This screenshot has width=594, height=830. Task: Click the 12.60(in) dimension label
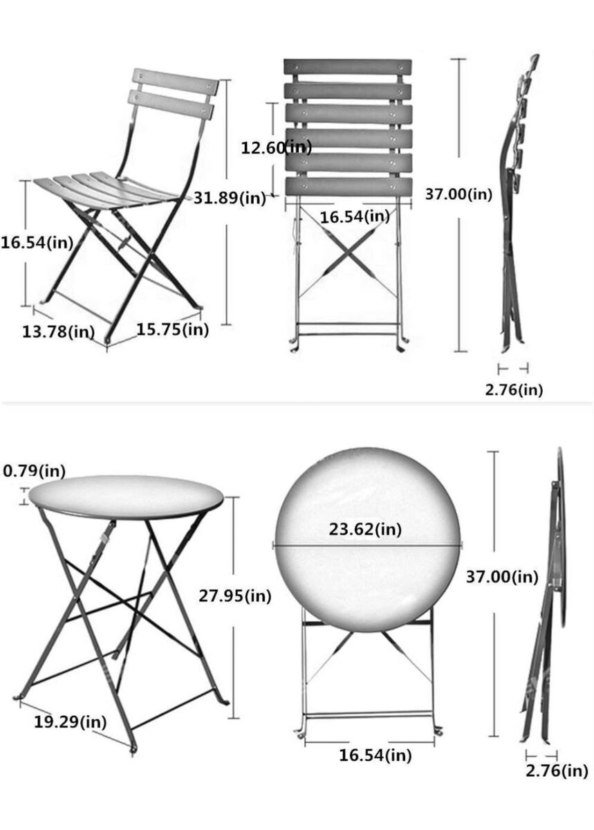[x=276, y=148]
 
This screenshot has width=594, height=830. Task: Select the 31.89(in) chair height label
[x=230, y=199]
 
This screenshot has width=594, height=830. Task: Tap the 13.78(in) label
[x=58, y=331]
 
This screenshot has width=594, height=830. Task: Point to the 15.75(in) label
[x=173, y=329]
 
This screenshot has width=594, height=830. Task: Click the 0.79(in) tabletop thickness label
[x=34, y=470]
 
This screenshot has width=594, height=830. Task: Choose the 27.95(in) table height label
[x=235, y=596]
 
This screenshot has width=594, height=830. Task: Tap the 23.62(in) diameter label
[x=365, y=529]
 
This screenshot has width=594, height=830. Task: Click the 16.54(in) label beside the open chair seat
[x=37, y=243]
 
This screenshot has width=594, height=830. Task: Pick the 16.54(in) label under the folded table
[x=375, y=755]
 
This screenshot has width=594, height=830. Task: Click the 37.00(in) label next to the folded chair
[x=458, y=194]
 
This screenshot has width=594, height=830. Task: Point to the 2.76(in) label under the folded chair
[x=514, y=389]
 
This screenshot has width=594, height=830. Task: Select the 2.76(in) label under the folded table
[x=557, y=771]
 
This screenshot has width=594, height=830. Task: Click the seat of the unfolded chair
[x=111, y=189]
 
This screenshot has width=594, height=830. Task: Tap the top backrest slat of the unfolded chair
[x=176, y=82]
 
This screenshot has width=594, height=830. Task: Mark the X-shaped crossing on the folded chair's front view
[x=348, y=252]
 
